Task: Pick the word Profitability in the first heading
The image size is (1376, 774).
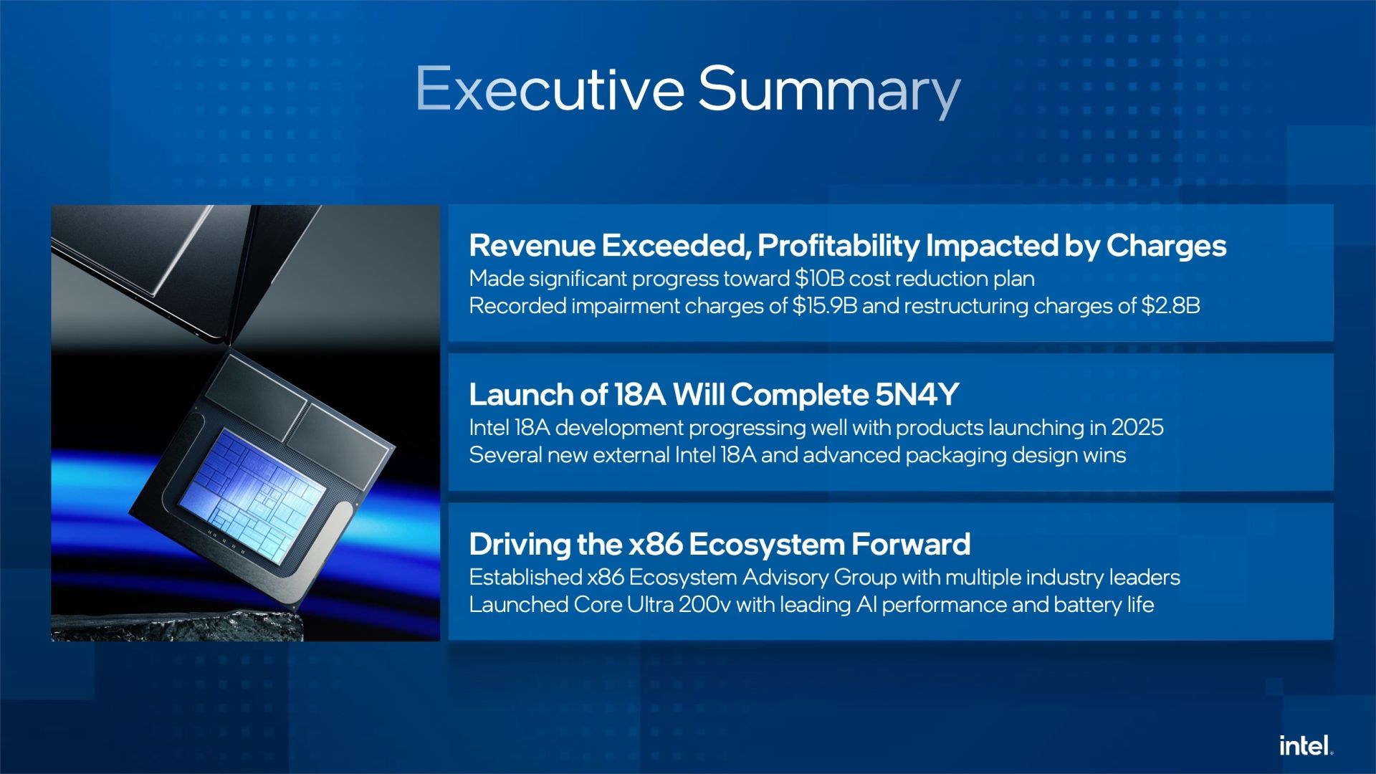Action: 838,246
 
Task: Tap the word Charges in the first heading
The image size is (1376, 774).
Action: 1166,246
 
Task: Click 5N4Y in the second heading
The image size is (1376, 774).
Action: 917,394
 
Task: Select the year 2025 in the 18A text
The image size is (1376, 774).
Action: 1137,427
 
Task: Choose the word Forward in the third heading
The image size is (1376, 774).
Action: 911,545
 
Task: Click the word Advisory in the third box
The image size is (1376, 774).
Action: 785,578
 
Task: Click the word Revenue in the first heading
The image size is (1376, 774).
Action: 532,246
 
